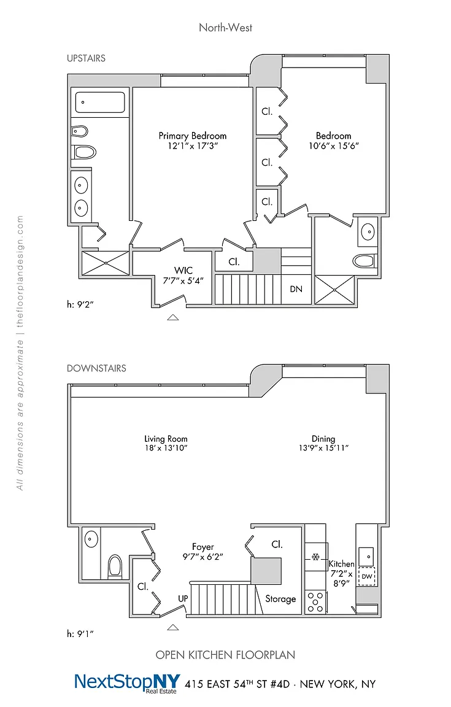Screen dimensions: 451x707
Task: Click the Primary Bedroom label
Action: point(193,136)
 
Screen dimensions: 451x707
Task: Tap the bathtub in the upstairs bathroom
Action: point(99,102)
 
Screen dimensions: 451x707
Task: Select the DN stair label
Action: point(296,289)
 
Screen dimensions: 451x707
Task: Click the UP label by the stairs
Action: point(183,598)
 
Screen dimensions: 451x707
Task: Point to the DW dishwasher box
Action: point(367,576)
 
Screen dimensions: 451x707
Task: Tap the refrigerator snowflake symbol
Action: point(315,557)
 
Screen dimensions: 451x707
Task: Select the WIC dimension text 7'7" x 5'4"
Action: point(183,280)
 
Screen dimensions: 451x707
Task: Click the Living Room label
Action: point(166,439)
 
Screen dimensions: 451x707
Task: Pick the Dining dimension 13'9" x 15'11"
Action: point(323,448)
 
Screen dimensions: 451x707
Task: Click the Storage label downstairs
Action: point(280,599)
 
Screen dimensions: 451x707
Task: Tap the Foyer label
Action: point(203,547)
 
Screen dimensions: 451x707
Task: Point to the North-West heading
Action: point(226,28)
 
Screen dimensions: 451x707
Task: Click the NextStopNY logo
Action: point(128,682)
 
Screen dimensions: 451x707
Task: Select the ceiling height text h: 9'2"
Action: point(80,304)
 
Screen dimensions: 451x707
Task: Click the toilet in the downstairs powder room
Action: point(115,565)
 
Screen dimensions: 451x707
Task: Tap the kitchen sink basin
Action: point(367,556)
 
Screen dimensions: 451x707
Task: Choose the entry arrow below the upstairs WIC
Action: point(173,317)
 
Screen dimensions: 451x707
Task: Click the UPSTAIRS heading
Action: point(86,58)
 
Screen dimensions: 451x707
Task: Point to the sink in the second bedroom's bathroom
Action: point(368,232)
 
